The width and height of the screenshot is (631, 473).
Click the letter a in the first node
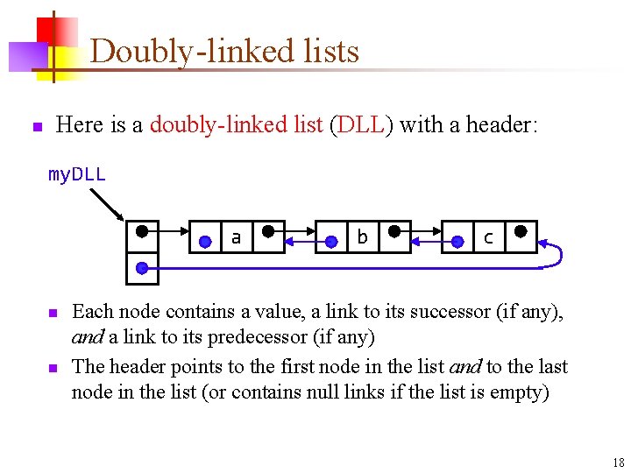(236, 237)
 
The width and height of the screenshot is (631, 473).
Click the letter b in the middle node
(362, 237)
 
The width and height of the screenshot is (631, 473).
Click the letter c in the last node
(488, 237)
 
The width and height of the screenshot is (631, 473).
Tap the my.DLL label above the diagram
(77, 175)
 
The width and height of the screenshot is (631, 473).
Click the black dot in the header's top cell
(142, 233)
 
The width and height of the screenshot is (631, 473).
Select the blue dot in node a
(205, 241)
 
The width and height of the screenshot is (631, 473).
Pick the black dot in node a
(268, 233)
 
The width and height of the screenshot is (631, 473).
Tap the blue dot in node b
(331, 241)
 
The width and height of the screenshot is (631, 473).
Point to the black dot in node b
(394, 233)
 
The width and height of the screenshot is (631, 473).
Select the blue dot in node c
(457, 241)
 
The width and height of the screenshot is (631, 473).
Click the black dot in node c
(521, 233)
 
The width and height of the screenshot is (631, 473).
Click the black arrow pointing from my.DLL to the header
(108, 204)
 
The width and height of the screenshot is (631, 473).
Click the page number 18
(619, 462)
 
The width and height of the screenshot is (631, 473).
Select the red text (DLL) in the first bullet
(360, 125)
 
